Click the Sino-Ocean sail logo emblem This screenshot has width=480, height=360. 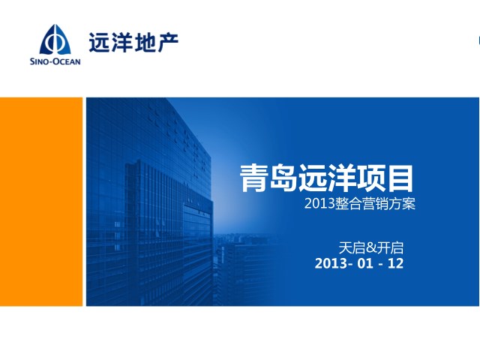point(55,40)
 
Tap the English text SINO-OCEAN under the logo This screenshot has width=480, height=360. point(55,61)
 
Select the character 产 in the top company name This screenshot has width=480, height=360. point(168,42)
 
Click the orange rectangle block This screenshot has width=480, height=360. point(41,202)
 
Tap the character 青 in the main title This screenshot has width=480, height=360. point(253,178)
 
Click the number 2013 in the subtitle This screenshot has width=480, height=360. point(319,203)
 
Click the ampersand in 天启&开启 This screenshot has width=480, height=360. point(371,248)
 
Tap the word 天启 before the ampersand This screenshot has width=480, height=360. point(352,248)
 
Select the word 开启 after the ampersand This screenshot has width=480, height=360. point(390,248)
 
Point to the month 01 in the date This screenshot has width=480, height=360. point(365,263)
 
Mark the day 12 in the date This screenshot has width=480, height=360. point(395,263)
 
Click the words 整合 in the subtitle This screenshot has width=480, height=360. point(348,203)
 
